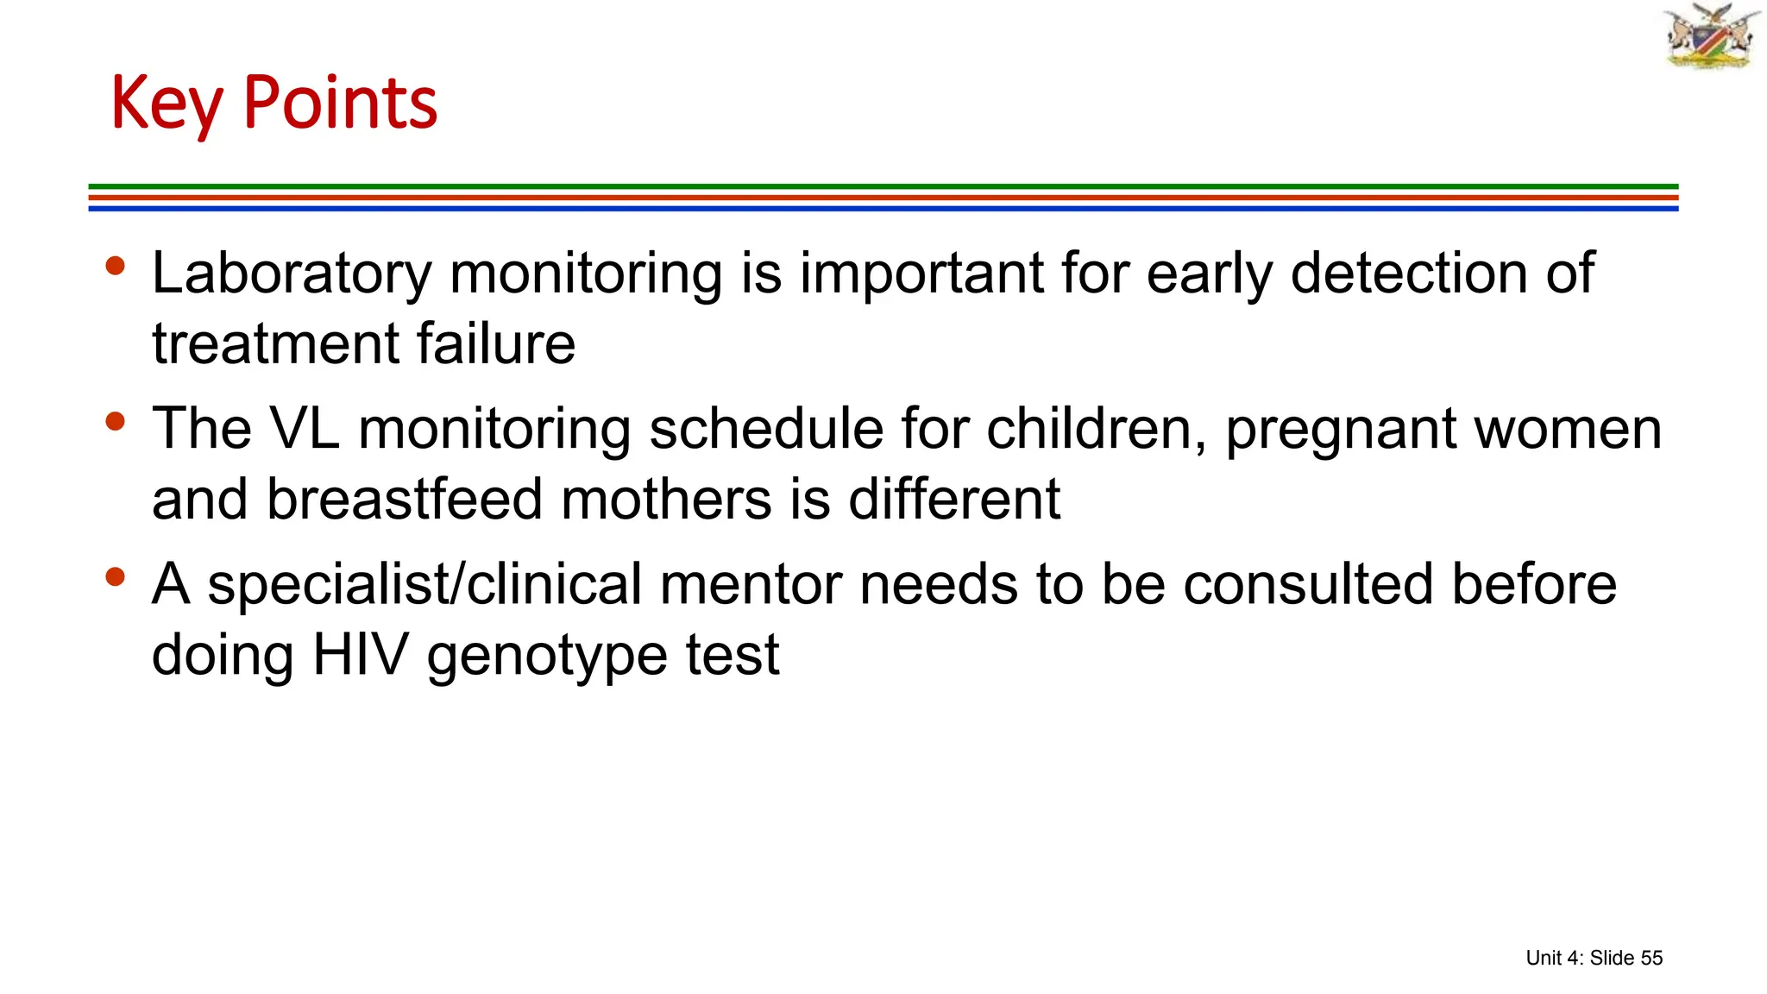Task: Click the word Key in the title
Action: pos(167,104)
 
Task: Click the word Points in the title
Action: pos(340,104)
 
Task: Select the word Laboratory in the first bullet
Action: pos(291,274)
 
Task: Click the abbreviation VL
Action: pos(305,429)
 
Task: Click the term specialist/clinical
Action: pos(424,585)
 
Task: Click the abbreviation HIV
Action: pos(360,655)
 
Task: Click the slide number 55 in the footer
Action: pos(1651,958)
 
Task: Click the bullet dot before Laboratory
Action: pos(115,266)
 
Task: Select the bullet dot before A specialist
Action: pos(115,576)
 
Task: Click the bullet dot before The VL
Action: pos(115,421)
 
